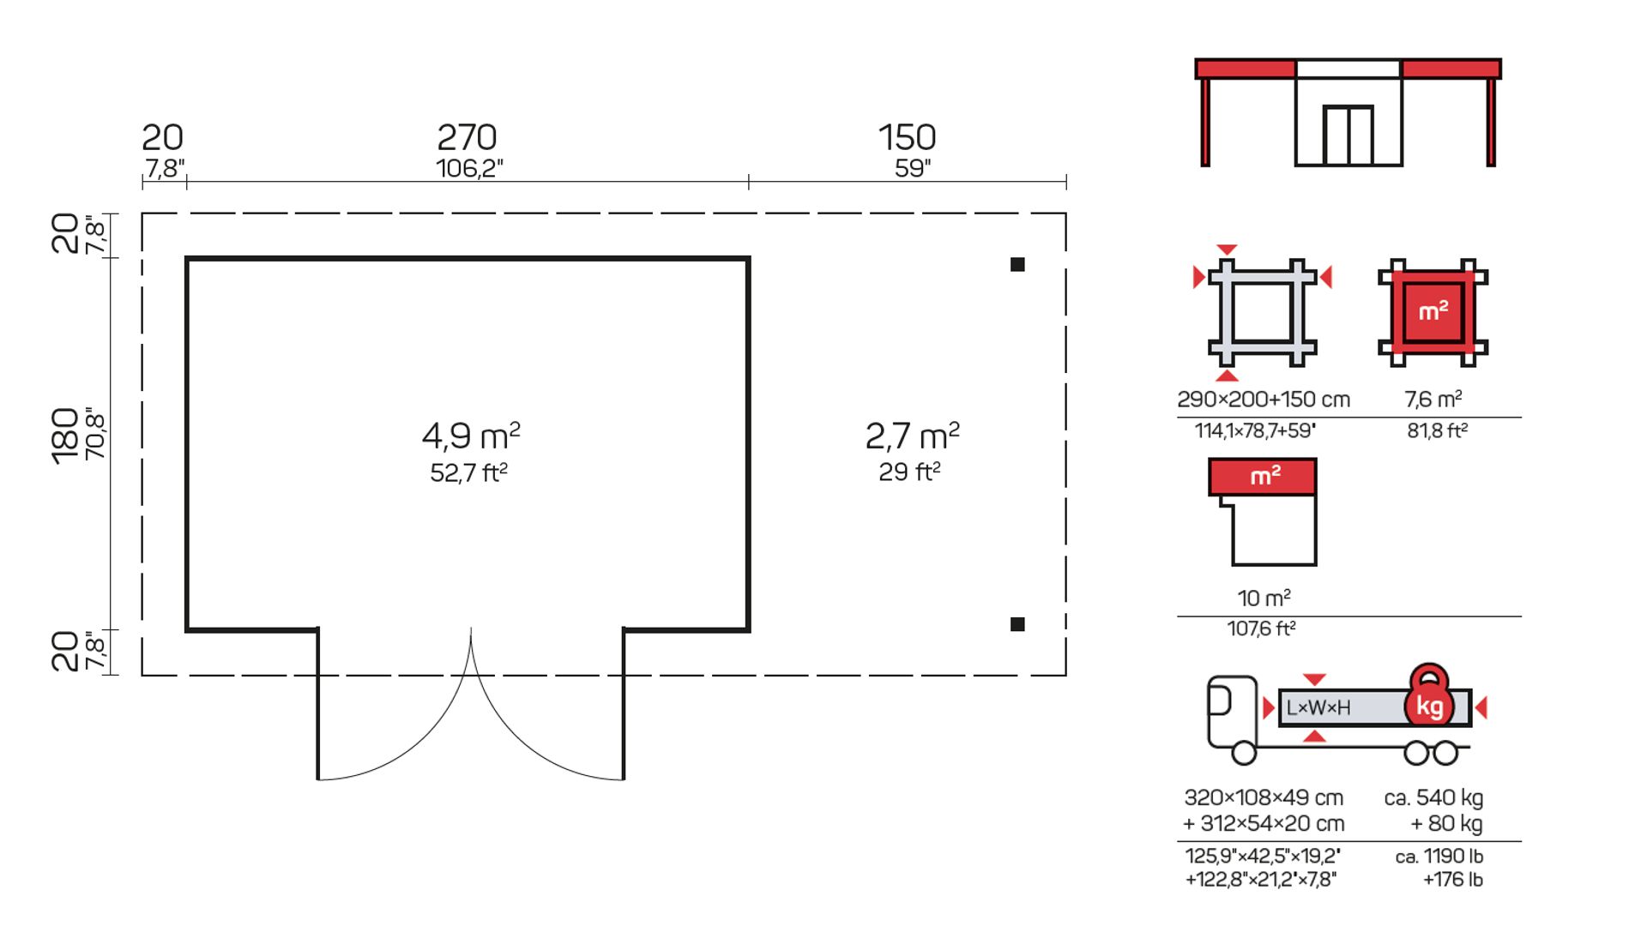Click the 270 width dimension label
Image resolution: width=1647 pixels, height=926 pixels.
[x=467, y=137]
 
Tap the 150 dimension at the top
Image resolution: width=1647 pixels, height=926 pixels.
[x=907, y=137]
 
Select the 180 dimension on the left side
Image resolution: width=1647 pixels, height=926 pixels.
[x=65, y=436]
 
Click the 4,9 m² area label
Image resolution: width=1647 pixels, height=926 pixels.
[x=471, y=436]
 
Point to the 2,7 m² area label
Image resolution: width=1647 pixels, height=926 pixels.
[x=912, y=436]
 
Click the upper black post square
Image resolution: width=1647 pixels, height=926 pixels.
[x=1017, y=264]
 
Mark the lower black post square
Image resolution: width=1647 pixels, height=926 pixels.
[x=1017, y=624]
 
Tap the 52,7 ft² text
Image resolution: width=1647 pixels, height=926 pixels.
[x=469, y=472]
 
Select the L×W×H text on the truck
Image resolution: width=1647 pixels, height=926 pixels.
[x=1318, y=707]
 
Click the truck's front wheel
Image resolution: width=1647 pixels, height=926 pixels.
[x=1244, y=753]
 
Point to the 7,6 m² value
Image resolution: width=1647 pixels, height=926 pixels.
[x=1433, y=399]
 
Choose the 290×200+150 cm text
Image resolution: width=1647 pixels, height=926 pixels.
[x=1264, y=400]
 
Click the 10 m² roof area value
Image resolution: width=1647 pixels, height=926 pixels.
[x=1264, y=598]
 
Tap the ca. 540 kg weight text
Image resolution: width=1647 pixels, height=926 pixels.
[x=1433, y=797]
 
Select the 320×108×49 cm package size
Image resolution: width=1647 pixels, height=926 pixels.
[x=1264, y=797]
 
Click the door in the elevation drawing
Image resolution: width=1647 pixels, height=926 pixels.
[x=1348, y=135]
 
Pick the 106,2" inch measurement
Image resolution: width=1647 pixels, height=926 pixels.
[x=469, y=168]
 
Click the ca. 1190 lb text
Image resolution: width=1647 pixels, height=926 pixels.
[x=1439, y=857]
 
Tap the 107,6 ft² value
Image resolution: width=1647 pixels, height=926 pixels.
[x=1261, y=628]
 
